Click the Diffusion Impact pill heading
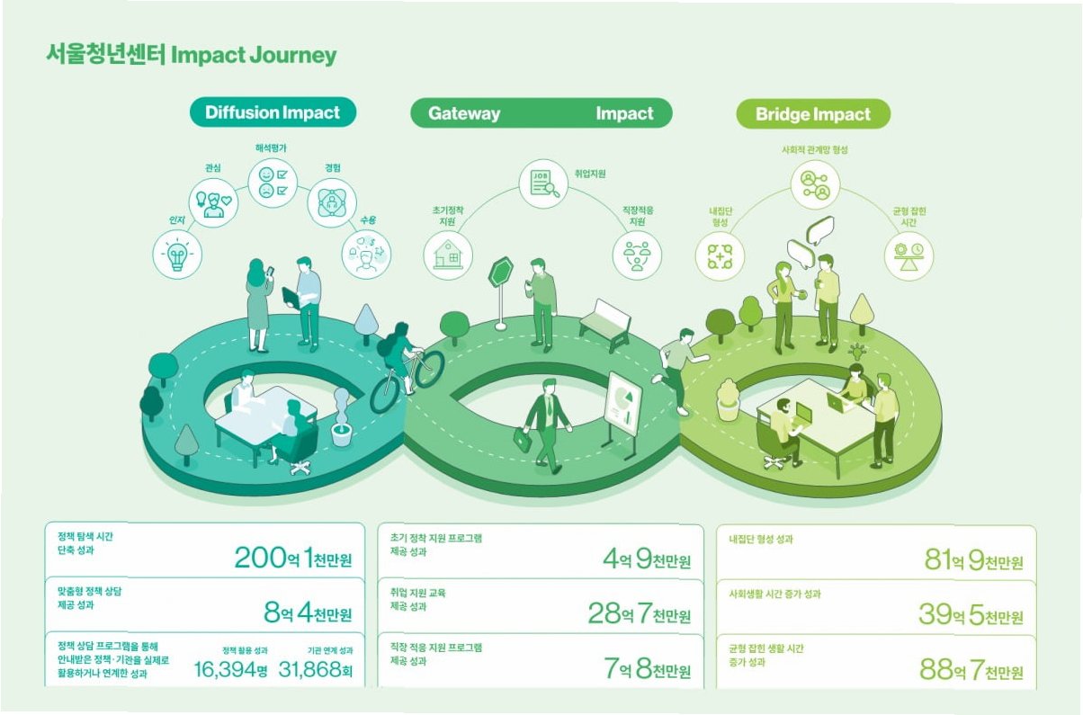(273, 112)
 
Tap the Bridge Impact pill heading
(813, 114)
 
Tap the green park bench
(604, 324)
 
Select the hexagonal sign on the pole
(500, 273)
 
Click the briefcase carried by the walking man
(523, 439)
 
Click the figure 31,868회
(315, 670)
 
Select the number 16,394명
(231, 670)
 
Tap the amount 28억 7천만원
(640, 615)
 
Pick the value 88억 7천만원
(971, 670)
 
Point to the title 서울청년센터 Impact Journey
(191, 55)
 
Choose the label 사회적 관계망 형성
(814, 150)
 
